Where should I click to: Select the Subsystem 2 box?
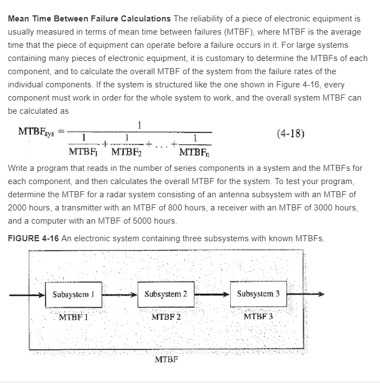coord(166,294)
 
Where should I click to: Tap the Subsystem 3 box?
coord(258,293)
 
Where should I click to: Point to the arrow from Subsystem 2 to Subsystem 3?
coord(211,294)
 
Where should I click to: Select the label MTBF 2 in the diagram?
coord(166,317)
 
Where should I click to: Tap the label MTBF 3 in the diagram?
coord(258,317)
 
